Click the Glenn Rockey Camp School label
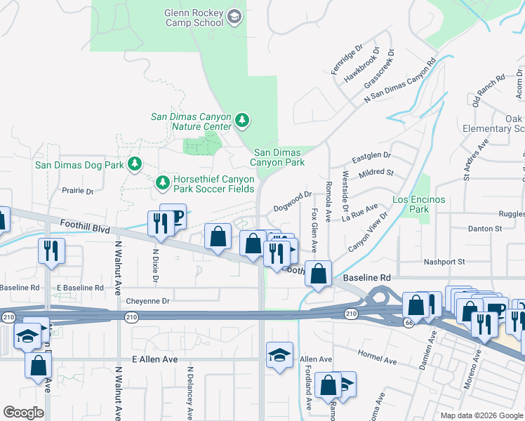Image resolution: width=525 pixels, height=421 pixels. [194, 18]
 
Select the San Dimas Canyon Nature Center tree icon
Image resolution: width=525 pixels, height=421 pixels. [243, 120]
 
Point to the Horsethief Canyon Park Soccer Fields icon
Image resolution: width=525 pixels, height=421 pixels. [163, 182]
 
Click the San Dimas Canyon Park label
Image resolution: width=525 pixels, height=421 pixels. [279, 157]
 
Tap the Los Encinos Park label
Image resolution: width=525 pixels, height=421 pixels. [418, 204]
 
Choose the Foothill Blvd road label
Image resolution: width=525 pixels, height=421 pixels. [86, 228]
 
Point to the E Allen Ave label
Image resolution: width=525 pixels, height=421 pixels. [155, 359]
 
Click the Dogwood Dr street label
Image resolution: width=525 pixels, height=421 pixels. [292, 201]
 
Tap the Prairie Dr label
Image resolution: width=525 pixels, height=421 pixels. [77, 191]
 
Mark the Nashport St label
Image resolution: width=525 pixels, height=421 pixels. [444, 262]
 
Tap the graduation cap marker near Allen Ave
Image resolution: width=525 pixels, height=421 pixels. [279, 354]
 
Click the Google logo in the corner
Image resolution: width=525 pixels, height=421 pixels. [23, 413]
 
